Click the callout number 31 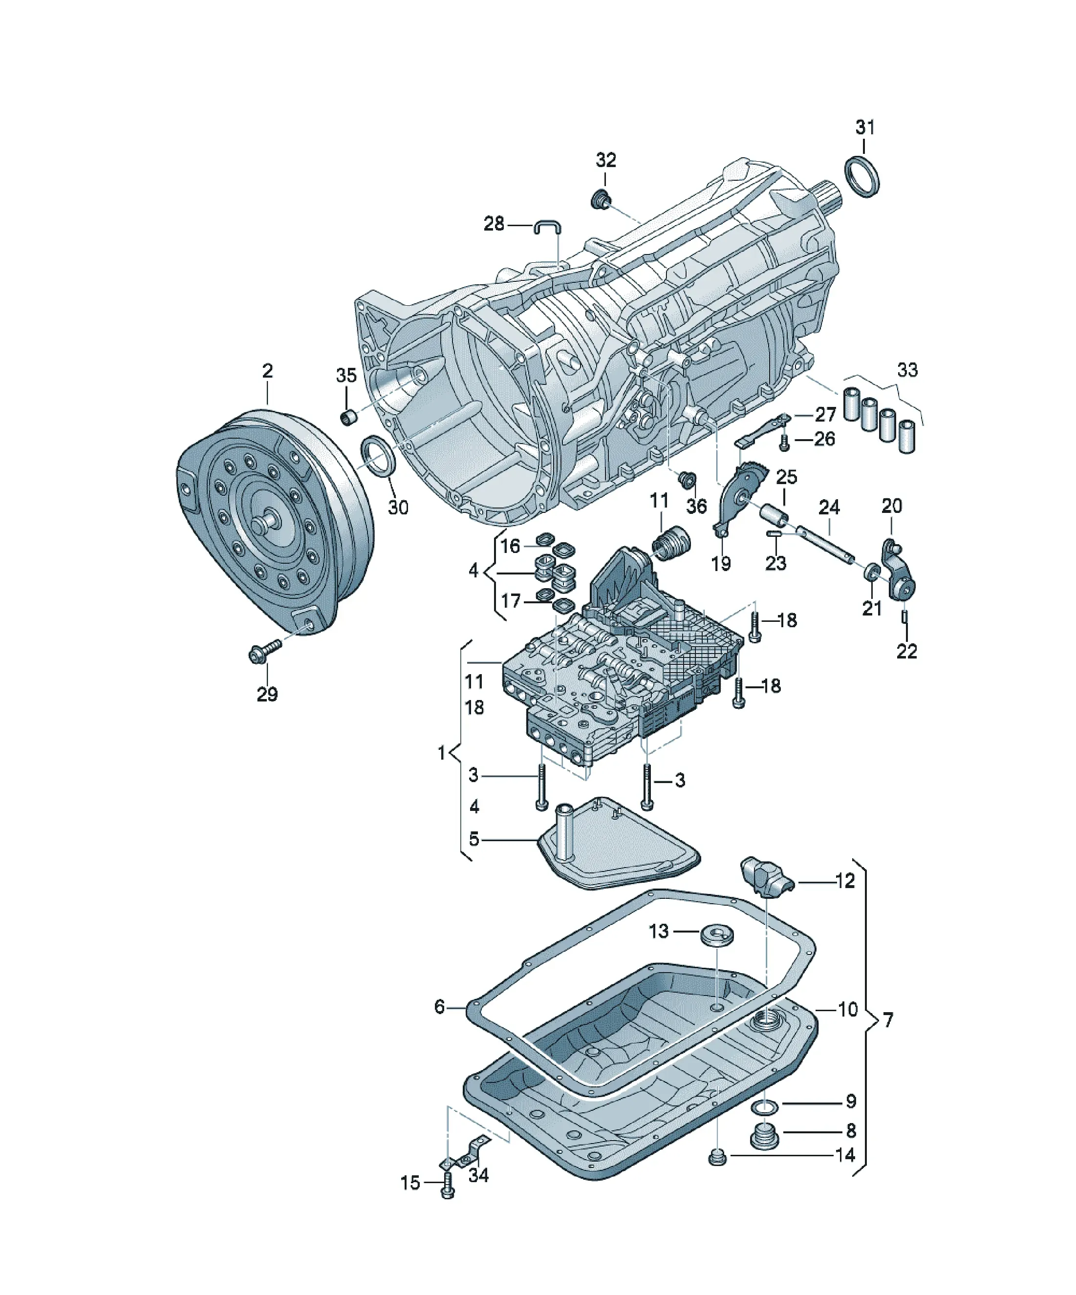[x=865, y=127]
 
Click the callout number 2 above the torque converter [x=267, y=371]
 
